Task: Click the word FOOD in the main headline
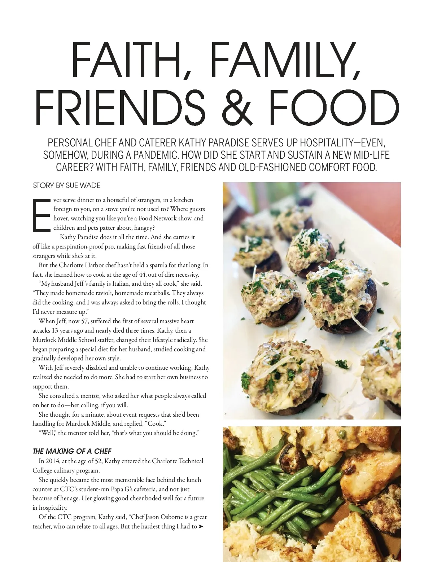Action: click(334, 107)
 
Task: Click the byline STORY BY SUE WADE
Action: click(67, 185)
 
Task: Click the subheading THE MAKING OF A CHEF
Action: click(72, 451)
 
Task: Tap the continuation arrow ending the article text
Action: click(201, 526)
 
